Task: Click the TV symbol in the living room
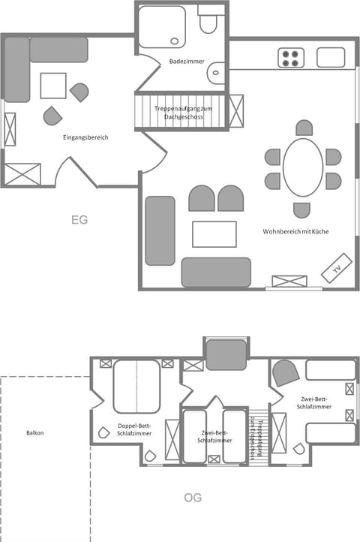[x=337, y=268]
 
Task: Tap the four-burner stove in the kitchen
[x=291, y=58]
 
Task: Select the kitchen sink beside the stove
[x=330, y=57]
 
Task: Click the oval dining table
[x=303, y=167]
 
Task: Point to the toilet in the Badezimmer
[x=208, y=24]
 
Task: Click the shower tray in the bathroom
[x=160, y=28]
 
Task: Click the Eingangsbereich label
[x=85, y=137]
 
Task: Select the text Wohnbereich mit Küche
[x=295, y=231]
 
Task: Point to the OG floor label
[x=192, y=498]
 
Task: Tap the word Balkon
[x=34, y=432]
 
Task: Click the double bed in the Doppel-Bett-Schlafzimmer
[x=136, y=386]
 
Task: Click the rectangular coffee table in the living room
[x=214, y=233]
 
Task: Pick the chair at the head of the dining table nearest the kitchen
[x=303, y=128]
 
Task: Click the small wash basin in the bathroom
[x=217, y=74]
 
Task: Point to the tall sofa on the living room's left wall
[x=160, y=230]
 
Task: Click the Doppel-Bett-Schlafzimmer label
[x=135, y=430]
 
